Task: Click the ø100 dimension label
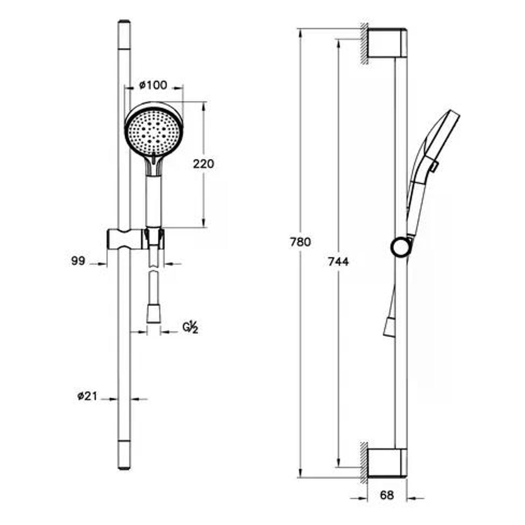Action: pos(153,86)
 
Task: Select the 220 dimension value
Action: pos(204,164)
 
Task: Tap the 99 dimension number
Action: pos(78,261)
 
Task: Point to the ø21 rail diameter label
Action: pos(87,396)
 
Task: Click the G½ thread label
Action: pos(190,328)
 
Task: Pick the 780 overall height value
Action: pos(300,242)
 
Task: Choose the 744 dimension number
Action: pos(338,262)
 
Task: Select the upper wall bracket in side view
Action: pos(387,43)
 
